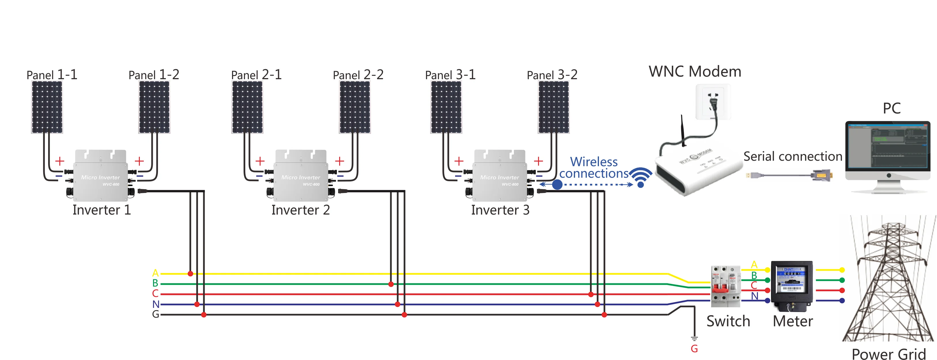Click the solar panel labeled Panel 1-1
[47, 107]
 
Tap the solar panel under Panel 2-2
[355, 107]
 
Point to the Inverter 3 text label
[500, 210]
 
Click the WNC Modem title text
[695, 72]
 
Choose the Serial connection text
[793, 156]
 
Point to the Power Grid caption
[889, 353]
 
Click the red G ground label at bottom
[694, 349]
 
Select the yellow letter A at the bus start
[155, 273]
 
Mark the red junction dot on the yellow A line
[190, 273]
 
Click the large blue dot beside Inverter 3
[557, 185]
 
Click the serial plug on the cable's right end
[821, 175]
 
